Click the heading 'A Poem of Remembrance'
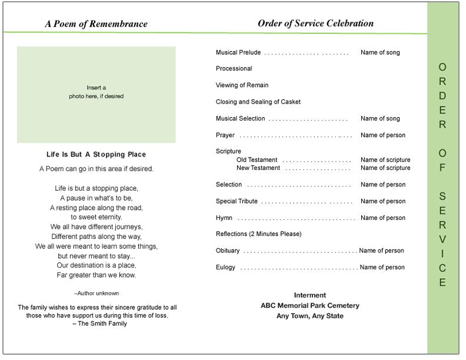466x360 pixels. [96, 24]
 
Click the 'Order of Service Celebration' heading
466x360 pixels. [315, 24]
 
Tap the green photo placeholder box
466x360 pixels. [96, 95]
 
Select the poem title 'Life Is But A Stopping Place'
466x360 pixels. [96, 155]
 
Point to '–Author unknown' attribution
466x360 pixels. [96, 293]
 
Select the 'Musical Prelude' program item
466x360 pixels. [238, 53]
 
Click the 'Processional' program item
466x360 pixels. [234, 69]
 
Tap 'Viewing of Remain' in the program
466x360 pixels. [242, 85]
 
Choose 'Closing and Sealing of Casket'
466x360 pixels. [258, 102]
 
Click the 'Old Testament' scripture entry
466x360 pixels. [257, 160]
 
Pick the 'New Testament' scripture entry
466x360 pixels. [258, 168]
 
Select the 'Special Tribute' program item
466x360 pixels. [237, 201]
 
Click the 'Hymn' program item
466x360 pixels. [224, 218]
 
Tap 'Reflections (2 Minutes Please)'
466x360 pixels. [258, 234]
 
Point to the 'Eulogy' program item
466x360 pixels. [225, 267]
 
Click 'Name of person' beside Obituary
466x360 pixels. [381, 251]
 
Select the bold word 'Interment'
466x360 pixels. [309, 295]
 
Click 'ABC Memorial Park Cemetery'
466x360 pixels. [309, 306]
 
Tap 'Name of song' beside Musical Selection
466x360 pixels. [380, 119]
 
